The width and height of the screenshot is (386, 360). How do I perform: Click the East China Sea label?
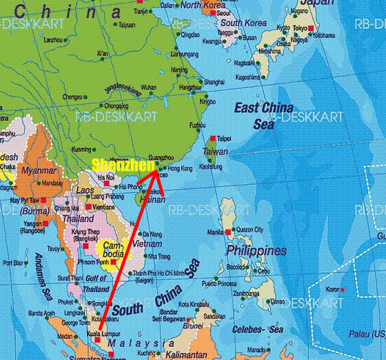[x=263, y=114]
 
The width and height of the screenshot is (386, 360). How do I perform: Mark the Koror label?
[x=334, y=288]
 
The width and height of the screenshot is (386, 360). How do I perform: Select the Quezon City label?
[x=250, y=229]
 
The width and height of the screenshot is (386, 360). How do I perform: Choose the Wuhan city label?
[x=148, y=88]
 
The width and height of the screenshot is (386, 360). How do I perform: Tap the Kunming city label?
[x=81, y=149]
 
